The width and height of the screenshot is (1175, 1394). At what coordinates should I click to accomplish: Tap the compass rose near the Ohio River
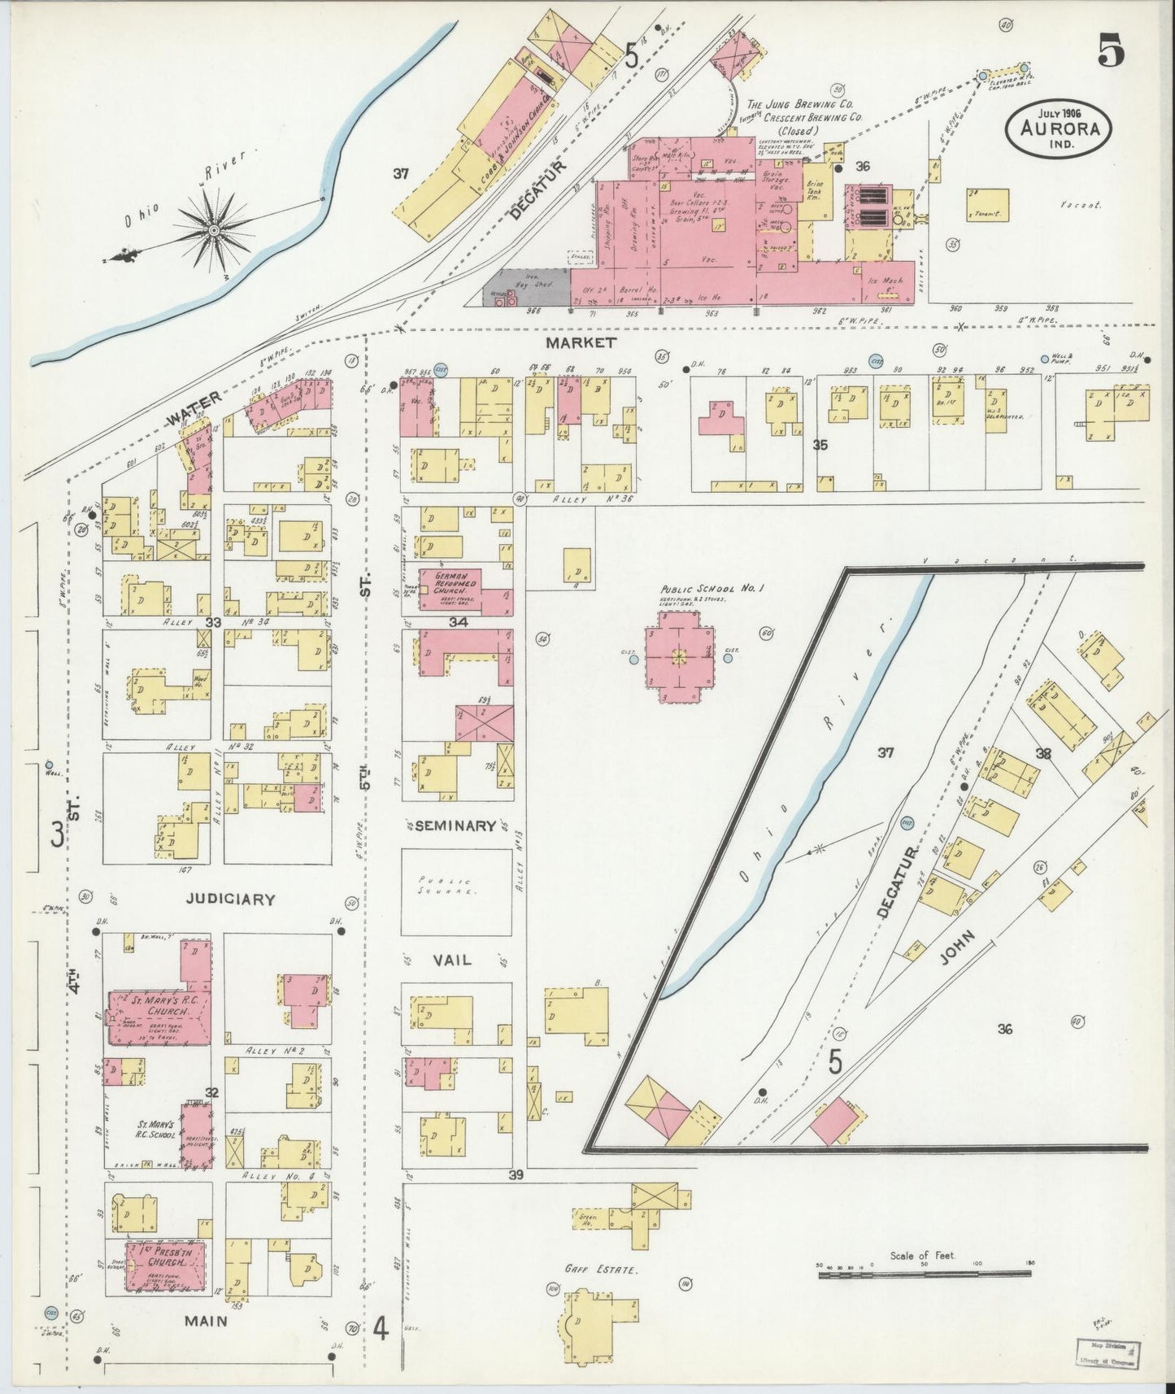pos(213,230)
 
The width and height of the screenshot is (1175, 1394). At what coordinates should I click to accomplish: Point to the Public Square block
pos(455,891)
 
